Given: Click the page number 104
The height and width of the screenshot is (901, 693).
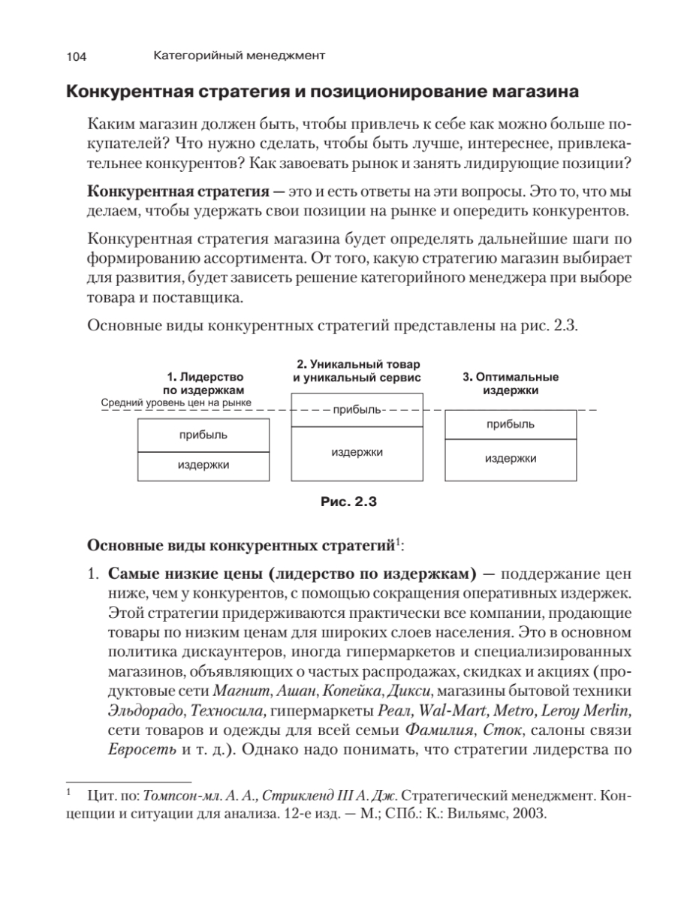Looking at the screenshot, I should (x=78, y=56).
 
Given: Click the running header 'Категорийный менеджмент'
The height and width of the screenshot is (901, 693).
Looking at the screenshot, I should (x=239, y=56).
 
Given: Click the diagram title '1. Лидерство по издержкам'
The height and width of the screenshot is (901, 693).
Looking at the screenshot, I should (x=204, y=384).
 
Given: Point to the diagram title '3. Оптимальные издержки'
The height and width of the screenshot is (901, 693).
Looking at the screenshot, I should (x=510, y=384).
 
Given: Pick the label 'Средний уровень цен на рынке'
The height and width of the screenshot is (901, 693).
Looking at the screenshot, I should (x=176, y=403).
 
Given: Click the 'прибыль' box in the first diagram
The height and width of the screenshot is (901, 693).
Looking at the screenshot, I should (x=203, y=435).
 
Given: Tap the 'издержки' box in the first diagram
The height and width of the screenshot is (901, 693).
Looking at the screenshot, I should (x=203, y=466).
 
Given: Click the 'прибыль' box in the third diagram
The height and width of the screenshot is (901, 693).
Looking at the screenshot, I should (x=511, y=425).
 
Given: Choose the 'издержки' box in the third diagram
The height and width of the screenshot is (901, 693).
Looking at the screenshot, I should (x=511, y=458).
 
